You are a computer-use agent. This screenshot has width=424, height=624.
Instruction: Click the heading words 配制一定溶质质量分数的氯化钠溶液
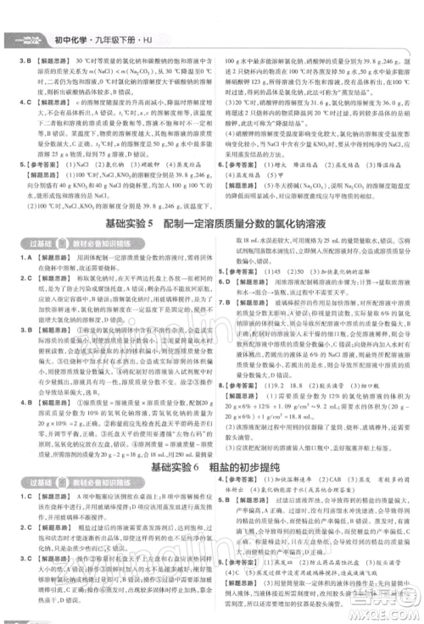coord(251,225)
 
